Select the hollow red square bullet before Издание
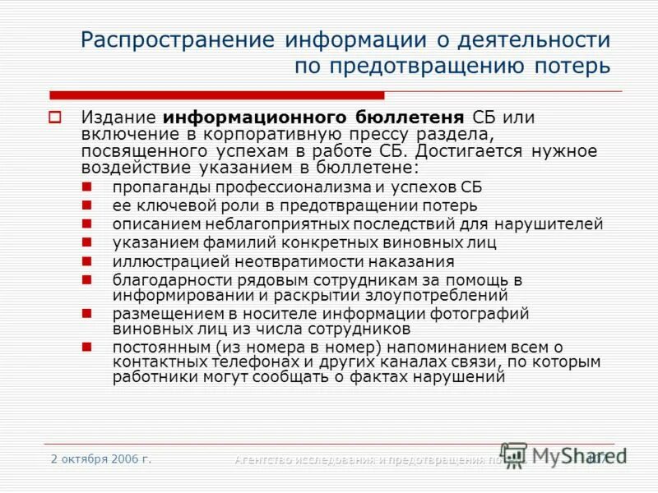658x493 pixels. pyautogui.click(x=56, y=117)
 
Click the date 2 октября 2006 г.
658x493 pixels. pyautogui.click(x=101, y=458)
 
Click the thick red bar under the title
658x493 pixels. pyautogui.click(x=206, y=95)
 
